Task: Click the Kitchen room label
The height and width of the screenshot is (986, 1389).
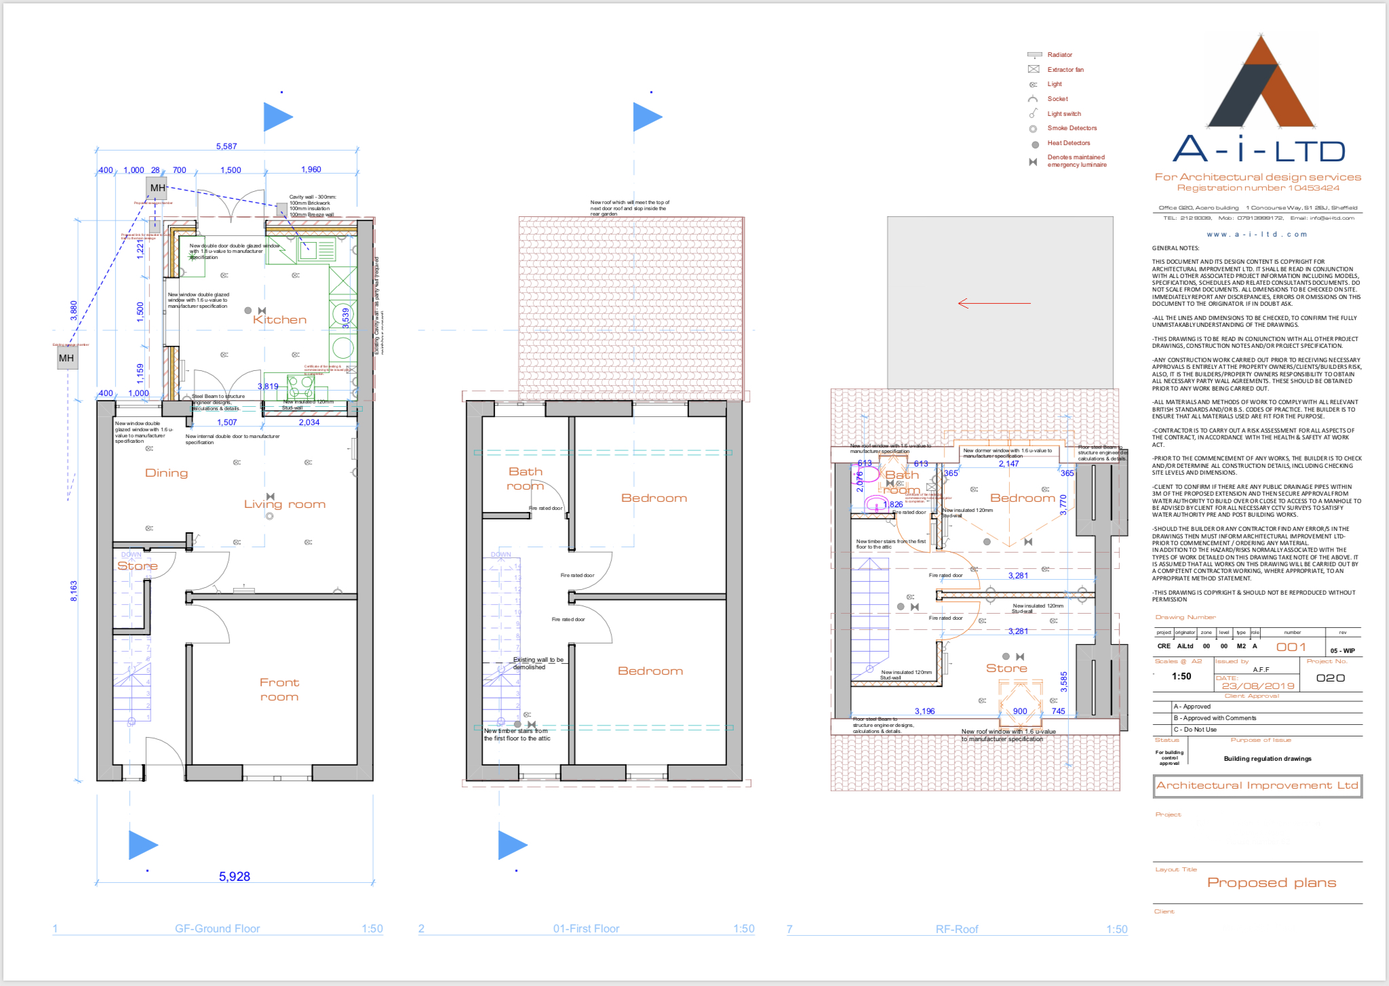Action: click(x=279, y=319)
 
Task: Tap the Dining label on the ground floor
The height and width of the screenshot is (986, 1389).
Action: click(x=166, y=473)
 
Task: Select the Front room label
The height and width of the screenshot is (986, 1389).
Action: click(x=279, y=689)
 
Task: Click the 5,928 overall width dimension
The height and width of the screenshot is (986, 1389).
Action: click(x=235, y=876)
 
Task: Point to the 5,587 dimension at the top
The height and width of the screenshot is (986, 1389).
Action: click(x=227, y=146)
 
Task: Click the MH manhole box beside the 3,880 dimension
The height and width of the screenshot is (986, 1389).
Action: click(x=66, y=358)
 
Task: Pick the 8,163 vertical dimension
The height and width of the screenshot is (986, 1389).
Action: click(x=74, y=590)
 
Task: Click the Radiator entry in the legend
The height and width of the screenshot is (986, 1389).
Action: click(x=1059, y=55)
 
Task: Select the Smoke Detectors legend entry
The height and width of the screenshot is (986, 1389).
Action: click(x=1072, y=128)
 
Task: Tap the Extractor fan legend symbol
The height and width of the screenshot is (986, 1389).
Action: click(x=1034, y=69)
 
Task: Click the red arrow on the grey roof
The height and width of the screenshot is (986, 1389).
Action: click(x=994, y=303)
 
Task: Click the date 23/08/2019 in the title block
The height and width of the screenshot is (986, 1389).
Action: click(x=1258, y=686)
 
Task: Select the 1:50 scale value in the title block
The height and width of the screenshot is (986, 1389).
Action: click(x=1181, y=676)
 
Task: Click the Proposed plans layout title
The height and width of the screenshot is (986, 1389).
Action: click(x=1271, y=882)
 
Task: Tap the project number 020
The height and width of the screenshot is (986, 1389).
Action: click(x=1330, y=678)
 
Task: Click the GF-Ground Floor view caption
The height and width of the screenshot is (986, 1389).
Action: click(x=217, y=928)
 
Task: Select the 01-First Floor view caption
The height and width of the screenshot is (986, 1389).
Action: click(x=586, y=928)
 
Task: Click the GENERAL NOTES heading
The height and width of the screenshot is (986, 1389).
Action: click(x=1175, y=248)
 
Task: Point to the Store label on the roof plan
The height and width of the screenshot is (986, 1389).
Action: click(x=1006, y=668)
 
